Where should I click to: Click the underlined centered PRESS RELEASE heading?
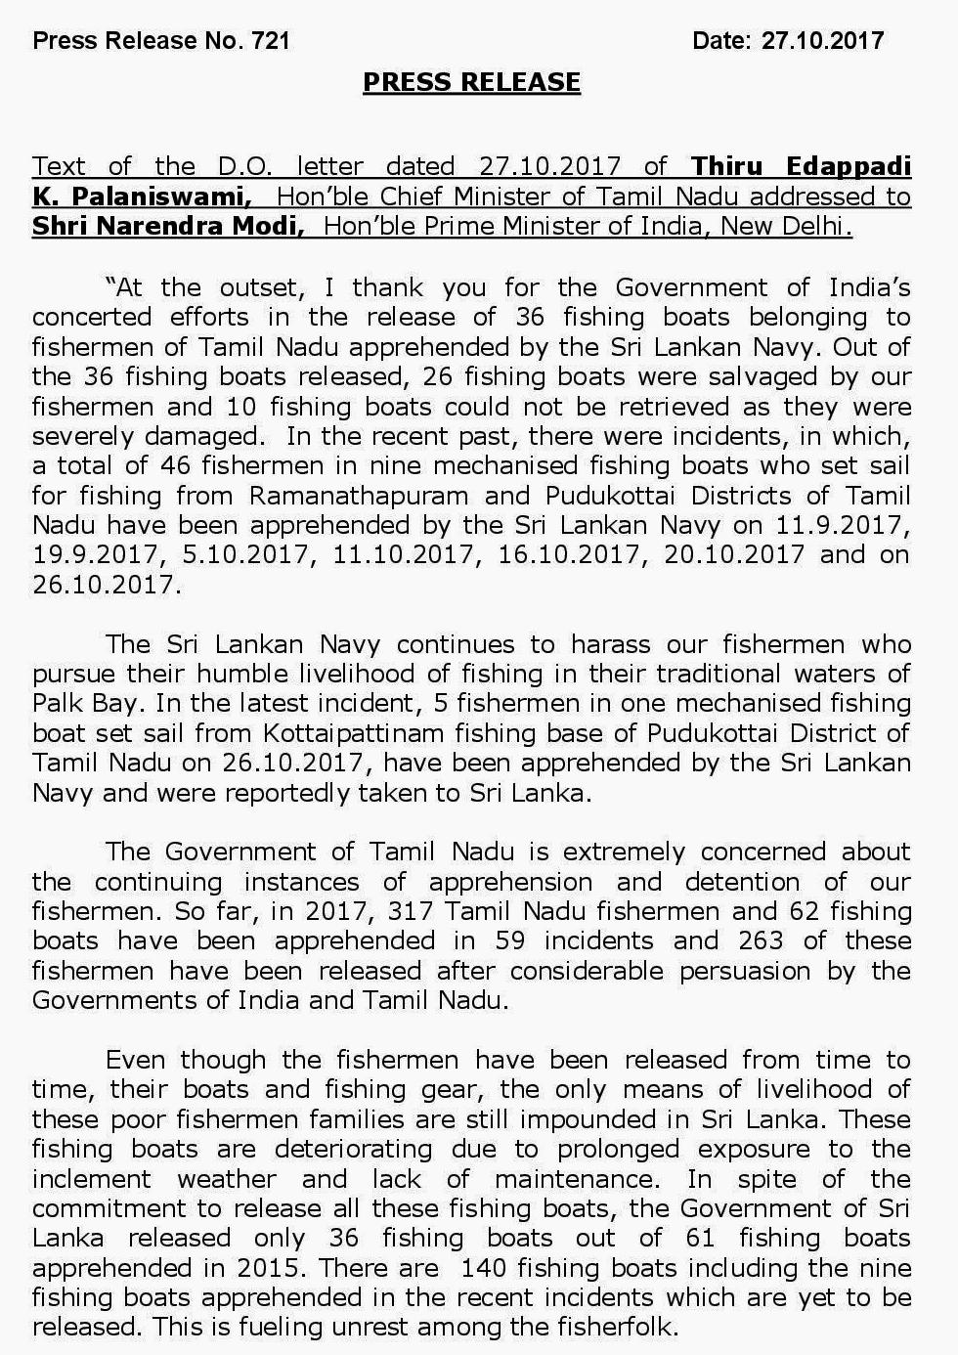coord(471,82)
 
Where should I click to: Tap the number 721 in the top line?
coord(270,40)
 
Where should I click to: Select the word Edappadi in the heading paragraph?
coord(849,166)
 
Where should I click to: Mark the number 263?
coord(762,940)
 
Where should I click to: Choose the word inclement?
coord(92,1179)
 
